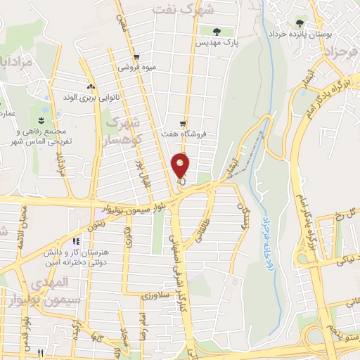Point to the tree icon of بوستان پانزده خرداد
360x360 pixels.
[300, 23]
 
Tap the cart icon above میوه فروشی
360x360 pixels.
[136, 57]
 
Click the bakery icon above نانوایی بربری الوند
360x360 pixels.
[91, 86]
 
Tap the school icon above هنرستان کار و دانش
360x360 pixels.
[76, 243]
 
